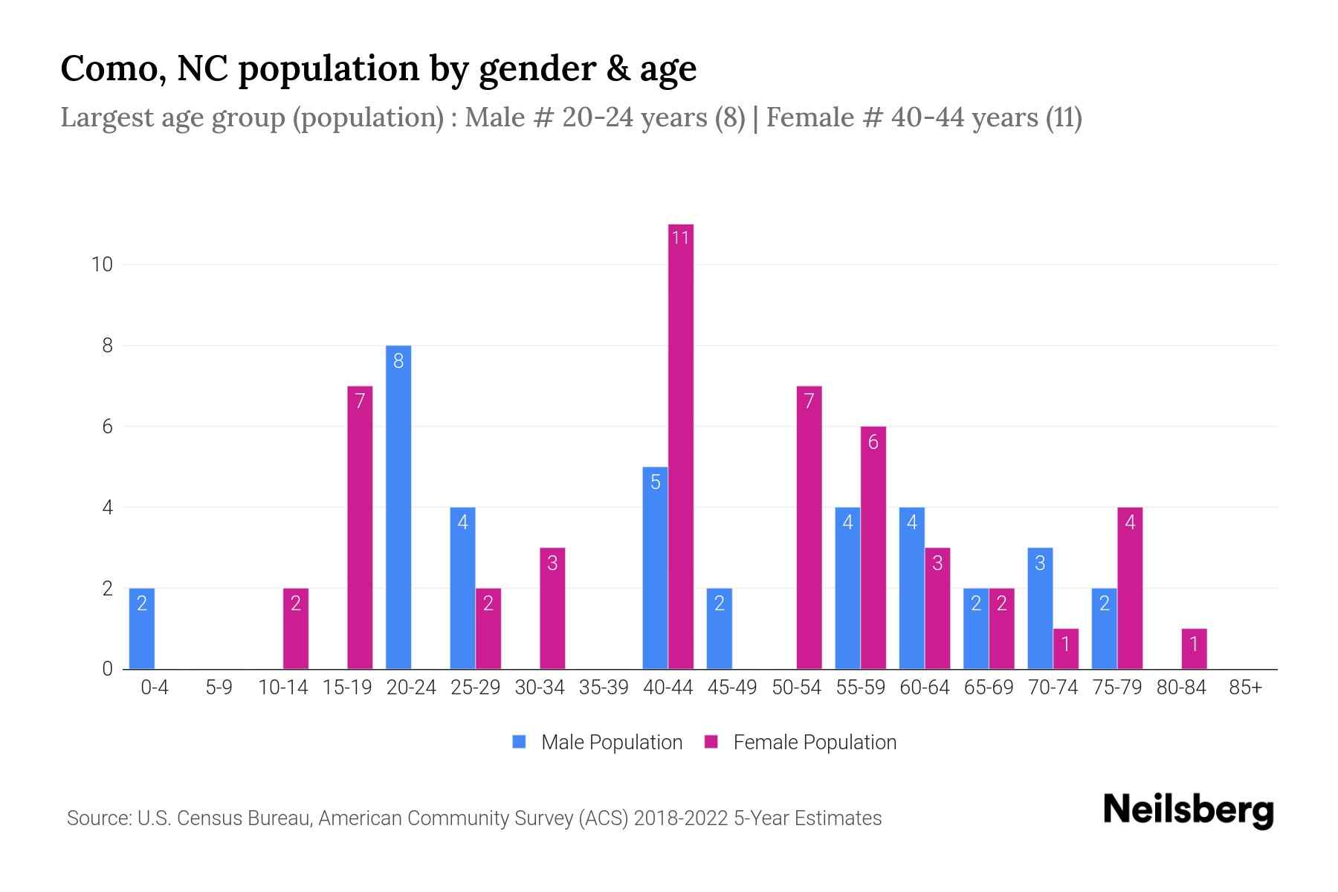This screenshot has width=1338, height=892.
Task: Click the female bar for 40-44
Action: pyautogui.click(x=680, y=446)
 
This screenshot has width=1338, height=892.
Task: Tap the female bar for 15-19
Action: pyautogui.click(x=360, y=528)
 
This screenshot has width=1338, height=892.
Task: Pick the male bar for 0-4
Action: pyautogui.click(x=142, y=629)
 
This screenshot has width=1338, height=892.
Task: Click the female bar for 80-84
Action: pyautogui.click(x=1194, y=649)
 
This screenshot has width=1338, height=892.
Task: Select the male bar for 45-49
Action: pyautogui.click(x=719, y=629)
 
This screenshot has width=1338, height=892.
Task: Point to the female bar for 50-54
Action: pyautogui.click(x=809, y=528)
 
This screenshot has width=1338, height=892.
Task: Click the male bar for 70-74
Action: pyautogui.click(x=1040, y=608)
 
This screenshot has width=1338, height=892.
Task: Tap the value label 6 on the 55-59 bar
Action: pyautogui.click(x=873, y=442)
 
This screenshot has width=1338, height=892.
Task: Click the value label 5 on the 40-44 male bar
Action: pyautogui.click(x=655, y=482)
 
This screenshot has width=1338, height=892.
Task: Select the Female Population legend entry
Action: pyautogui.click(x=801, y=743)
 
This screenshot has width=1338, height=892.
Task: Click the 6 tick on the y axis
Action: pyautogui.click(x=107, y=427)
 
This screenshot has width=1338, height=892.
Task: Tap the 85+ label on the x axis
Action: pyautogui.click(x=1245, y=688)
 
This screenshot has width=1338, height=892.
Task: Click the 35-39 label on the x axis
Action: pyautogui.click(x=604, y=688)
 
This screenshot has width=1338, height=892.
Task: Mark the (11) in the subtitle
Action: pyautogui.click(x=1064, y=117)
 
